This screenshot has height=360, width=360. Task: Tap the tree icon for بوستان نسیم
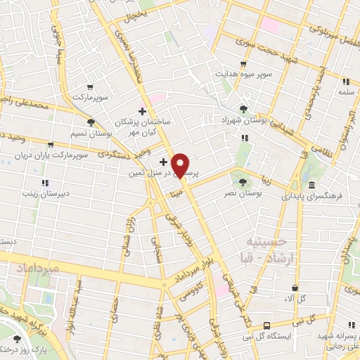(91, 123)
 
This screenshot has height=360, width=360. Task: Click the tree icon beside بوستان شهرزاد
(243, 109)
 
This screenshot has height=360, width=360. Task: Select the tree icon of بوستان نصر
(243, 181)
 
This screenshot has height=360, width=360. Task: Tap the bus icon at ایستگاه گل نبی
(266, 325)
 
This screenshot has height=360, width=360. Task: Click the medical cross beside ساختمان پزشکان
(143, 111)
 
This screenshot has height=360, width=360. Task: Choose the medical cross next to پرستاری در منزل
(163, 162)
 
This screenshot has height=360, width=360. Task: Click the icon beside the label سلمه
(345, 82)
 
